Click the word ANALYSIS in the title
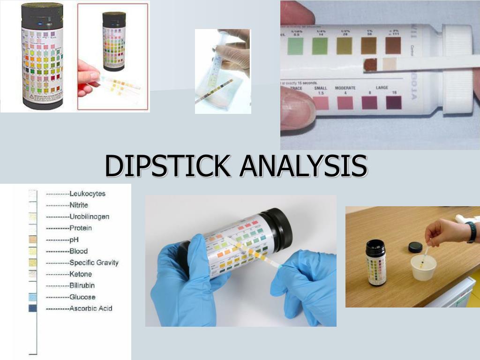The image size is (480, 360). tap(302, 165)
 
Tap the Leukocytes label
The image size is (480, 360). tap(87, 194)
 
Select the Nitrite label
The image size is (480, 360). tap(79, 205)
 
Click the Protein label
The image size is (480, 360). tap(81, 228)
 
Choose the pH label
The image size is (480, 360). tap(74, 240)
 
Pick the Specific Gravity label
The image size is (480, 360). tap(94, 262)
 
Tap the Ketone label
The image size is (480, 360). tap(81, 274)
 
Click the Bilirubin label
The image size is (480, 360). tap(82, 285)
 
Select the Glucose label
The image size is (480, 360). tap(82, 297)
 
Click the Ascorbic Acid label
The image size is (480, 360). tap(90, 308)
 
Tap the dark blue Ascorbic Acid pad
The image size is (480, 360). tap(33, 308)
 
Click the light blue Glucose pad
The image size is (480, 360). tap(33, 297)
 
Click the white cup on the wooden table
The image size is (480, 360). tap(423, 268)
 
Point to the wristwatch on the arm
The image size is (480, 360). tap(471, 232)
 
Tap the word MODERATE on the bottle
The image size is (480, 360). tap(345, 88)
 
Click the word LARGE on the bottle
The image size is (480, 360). tap(382, 88)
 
